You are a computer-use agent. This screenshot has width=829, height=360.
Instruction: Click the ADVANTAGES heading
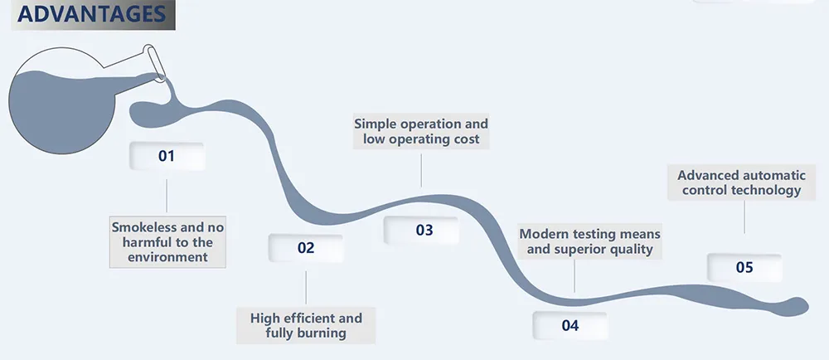(x=91, y=14)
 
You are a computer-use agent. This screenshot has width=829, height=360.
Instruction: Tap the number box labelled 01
(x=167, y=156)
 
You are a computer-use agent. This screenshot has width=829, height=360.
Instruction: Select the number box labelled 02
(x=306, y=248)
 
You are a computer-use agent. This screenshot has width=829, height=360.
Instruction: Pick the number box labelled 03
(x=424, y=230)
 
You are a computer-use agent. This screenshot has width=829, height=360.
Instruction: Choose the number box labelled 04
(x=570, y=325)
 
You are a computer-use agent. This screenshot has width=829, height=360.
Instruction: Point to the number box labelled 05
(x=744, y=267)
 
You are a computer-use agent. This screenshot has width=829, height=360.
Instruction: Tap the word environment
(x=167, y=257)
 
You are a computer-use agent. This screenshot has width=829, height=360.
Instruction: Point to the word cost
(x=463, y=139)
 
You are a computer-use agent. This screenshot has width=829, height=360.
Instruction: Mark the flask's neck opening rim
(x=154, y=63)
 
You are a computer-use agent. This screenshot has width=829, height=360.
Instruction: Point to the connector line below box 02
(x=306, y=288)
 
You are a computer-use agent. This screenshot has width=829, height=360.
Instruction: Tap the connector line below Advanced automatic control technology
(x=744, y=217)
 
